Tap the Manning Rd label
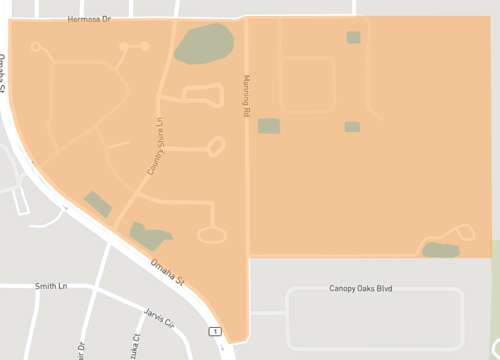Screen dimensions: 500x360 pos(244,96)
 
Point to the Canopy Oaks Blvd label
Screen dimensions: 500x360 pos(362,288)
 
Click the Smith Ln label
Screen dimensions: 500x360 pos(50,285)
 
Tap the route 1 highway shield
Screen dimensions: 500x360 pos(213,331)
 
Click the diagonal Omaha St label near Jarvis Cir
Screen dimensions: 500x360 pos(168,274)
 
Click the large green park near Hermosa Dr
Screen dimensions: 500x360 pos(204,44)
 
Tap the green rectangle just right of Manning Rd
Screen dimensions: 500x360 pos(269,126)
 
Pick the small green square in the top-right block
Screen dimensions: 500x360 pos(353,38)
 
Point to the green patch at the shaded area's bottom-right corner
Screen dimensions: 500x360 pos(440,250)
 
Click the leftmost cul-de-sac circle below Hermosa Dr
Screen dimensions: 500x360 pos(36,46)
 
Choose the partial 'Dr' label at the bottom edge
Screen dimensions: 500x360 pos(81,351)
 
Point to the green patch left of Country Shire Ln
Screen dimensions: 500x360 pos(98,204)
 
